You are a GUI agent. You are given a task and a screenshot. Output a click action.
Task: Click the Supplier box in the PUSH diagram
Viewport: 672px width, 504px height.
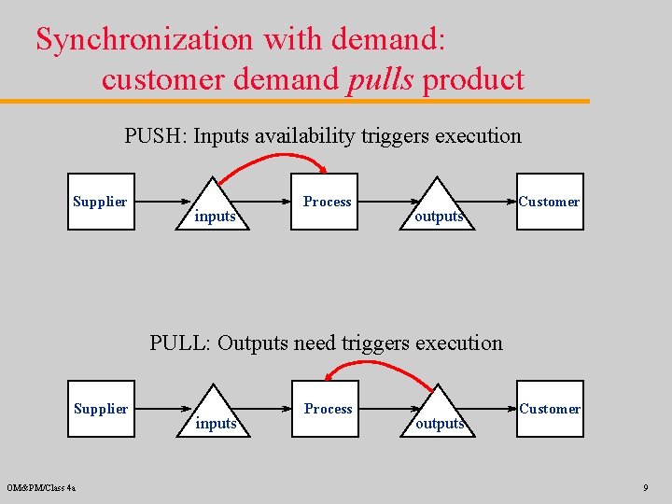[100, 202]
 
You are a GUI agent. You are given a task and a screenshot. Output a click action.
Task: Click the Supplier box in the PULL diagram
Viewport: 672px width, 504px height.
[100, 409]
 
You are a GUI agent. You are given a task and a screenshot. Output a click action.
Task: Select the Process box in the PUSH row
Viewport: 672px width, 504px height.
[327, 202]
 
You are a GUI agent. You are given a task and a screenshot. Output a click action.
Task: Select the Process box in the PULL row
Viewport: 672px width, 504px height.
[327, 409]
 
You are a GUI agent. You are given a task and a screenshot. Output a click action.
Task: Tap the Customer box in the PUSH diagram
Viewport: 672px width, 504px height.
[550, 202]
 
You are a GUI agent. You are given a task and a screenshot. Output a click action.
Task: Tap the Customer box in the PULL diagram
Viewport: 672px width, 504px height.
[550, 409]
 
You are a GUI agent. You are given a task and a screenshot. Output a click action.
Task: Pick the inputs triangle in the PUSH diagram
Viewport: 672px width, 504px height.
[215, 210]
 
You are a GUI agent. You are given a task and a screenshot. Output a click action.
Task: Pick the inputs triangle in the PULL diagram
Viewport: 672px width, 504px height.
[215, 417]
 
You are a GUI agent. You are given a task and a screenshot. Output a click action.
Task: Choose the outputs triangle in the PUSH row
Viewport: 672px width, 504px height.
[439, 210]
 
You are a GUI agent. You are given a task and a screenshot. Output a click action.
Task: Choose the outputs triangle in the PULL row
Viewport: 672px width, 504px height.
[439, 417]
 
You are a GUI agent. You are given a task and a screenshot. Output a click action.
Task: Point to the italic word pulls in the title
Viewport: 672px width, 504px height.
[380, 79]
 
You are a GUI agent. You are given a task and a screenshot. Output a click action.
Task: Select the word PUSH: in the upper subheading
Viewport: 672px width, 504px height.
[156, 136]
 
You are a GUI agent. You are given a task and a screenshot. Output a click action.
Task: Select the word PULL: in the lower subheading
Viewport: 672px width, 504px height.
[180, 343]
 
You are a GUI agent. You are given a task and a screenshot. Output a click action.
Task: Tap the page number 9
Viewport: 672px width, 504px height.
[645, 487]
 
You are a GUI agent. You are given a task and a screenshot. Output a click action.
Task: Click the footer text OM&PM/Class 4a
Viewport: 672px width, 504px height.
[41, 487]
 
